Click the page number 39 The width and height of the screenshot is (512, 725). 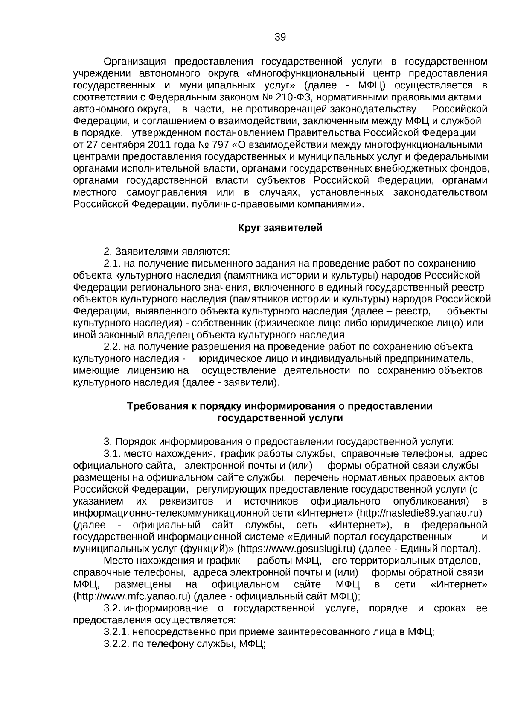[x=280, y=37]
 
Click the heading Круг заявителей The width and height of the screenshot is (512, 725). [x=280, y=228]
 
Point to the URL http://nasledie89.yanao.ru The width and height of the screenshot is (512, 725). [x=419, y=513]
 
